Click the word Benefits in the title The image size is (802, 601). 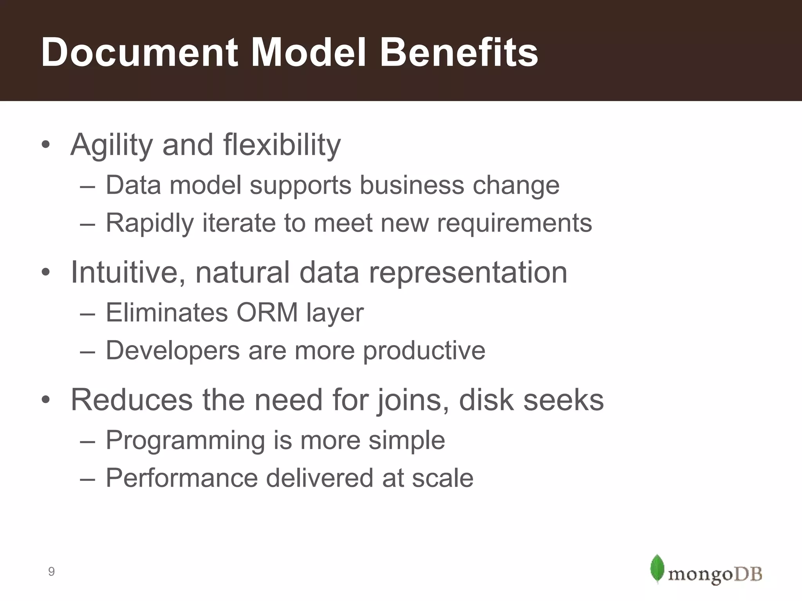[x=459, y=52]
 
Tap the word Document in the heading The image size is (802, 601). [x=140, y=52]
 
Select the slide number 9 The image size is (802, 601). [x=51, y=572]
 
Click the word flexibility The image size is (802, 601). [x=282, y=145]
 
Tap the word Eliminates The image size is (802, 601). [x=167, y=313]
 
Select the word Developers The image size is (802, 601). [x=173, y=351]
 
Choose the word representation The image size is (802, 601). [x=468, y=272]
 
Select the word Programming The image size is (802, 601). [x=186, y=441]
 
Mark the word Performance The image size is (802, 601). [x=182, y=478]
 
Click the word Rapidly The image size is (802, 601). [x=150, y=223]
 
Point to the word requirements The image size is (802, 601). [x=514, y=223]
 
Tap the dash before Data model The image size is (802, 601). [x=87, y=186]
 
